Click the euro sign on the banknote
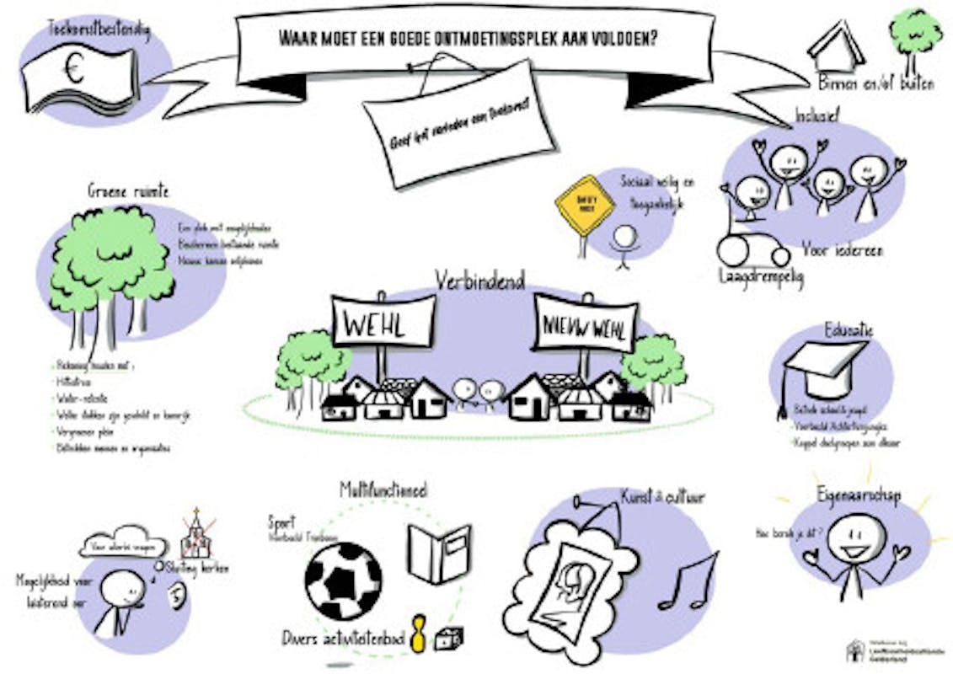click(x=75, y=72)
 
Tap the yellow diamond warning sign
click(x=585, y=206)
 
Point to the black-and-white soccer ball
click(x=343, y=580)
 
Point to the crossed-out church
click(x=196, y=536)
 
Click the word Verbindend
click(x=479, y=280)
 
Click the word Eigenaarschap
click(x=858, y=495)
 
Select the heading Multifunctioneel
click(x=383, y=489)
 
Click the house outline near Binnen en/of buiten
click(x=836, y=46)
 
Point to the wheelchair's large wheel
click(x=736, y=251)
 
